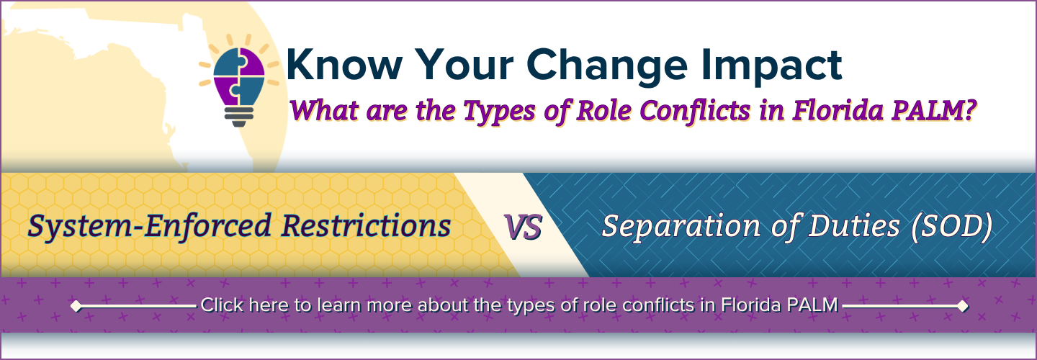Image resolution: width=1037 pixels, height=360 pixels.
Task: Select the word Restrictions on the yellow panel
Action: tap(366, 226)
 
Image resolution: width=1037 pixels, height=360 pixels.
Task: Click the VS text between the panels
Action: tap(523, 227)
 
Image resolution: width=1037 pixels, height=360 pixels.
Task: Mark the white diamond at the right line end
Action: tap(962, 306)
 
